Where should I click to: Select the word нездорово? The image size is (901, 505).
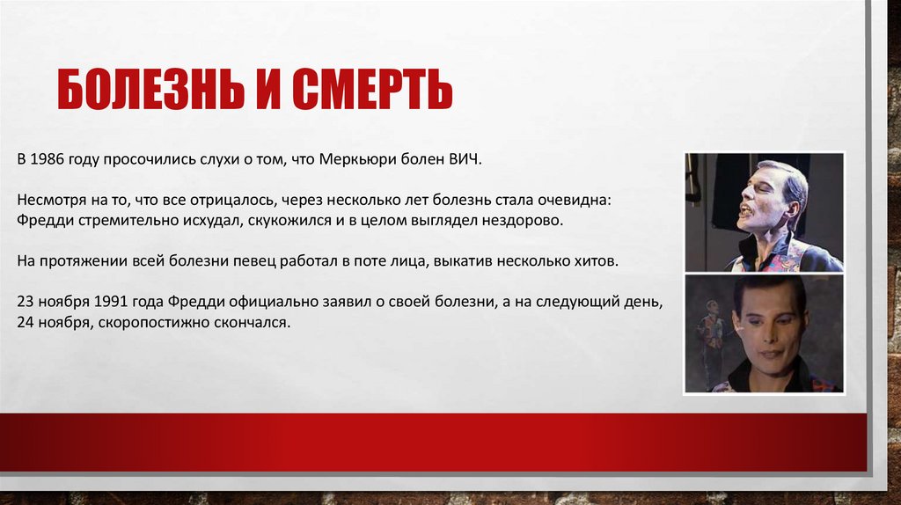point(524,220)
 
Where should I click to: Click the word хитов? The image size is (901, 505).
point(599,260)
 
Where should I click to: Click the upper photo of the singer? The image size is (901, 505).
point(764,212)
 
